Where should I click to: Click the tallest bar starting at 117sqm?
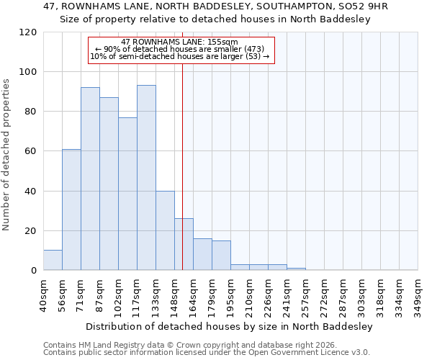point(146,178)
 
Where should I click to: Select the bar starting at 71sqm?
point(90,179)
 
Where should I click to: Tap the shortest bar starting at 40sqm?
point(53,261)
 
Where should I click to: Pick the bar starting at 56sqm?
point(71,210)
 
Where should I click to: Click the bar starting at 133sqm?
point(165,230)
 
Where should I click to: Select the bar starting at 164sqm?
point(202,254)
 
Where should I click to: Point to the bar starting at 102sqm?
point(127,194)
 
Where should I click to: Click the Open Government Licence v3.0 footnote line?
point(207,352)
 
